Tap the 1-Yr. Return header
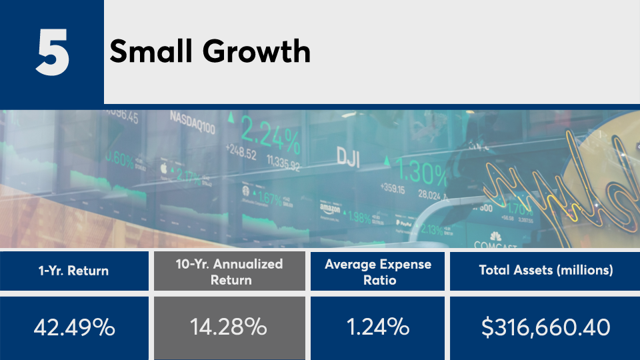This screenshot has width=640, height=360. coord(73,271)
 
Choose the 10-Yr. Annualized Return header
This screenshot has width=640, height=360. coord(229,271)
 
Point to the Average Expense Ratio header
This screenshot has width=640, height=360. coord(377,271)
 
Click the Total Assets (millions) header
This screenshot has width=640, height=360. coord(545,271)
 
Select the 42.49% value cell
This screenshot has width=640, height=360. coord(73,328)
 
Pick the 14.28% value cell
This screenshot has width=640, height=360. coord(229,328)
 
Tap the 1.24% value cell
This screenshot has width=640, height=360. coord(377,328)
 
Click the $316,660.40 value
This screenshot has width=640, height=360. coord(545,328)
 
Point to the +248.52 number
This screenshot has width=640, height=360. coord(241,155)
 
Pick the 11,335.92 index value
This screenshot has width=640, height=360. coord(283,161)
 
